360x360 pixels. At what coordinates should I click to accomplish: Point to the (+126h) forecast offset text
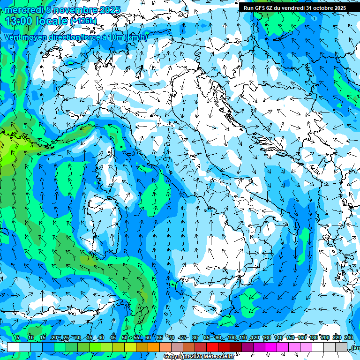(83, 21)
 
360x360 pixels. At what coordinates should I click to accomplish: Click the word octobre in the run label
(318, 7)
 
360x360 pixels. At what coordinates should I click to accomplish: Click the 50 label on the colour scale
(125, 337)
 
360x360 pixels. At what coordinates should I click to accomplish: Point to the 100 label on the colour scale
(231, 337)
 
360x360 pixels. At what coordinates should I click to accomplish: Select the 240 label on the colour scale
(349, 337)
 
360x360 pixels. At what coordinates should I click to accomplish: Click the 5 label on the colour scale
(18, 337)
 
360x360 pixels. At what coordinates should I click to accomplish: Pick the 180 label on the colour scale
(313, 337)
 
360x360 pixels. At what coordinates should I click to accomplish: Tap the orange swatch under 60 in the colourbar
(154, 347)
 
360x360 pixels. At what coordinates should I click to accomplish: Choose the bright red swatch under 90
(212, 347)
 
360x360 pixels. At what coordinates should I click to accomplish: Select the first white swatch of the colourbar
(13, 347)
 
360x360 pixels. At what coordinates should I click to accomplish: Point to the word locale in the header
(52, 21)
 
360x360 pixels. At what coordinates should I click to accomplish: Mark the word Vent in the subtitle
(13, 37)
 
